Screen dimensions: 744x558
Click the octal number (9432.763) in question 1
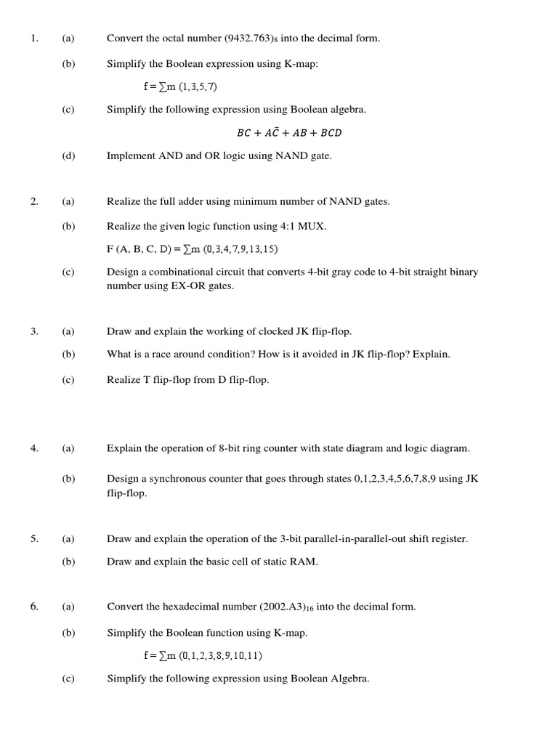point(249,39)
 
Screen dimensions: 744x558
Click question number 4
point(34,448)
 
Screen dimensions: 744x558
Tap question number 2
point(34,201)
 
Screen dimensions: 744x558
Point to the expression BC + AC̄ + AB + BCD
point(289,133)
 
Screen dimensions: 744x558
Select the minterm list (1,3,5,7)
point(198,87)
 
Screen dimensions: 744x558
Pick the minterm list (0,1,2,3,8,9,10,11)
point(220,655)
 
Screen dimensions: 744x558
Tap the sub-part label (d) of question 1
point(68,155)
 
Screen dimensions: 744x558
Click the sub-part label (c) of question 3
point(68,380)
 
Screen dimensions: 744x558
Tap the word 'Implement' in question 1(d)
point(132,155)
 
